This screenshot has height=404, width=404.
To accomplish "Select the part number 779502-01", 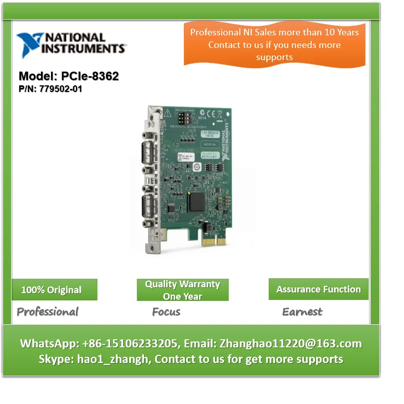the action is point(61,89).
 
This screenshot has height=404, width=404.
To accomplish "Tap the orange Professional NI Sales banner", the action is point(274,44).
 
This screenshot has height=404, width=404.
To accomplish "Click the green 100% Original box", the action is point(54,290).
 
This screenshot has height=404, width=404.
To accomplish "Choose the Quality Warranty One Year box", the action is point(182,290).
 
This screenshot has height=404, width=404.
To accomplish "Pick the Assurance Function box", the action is point(318,289).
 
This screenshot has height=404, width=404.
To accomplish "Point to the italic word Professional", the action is point(47,312).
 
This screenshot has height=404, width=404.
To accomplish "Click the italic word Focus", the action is point(166,312).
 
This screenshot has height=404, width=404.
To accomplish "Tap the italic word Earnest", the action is point(302,312).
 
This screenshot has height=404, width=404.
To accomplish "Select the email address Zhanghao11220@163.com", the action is point(290,343).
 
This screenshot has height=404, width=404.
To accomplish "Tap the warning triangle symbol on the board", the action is point(168,114).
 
